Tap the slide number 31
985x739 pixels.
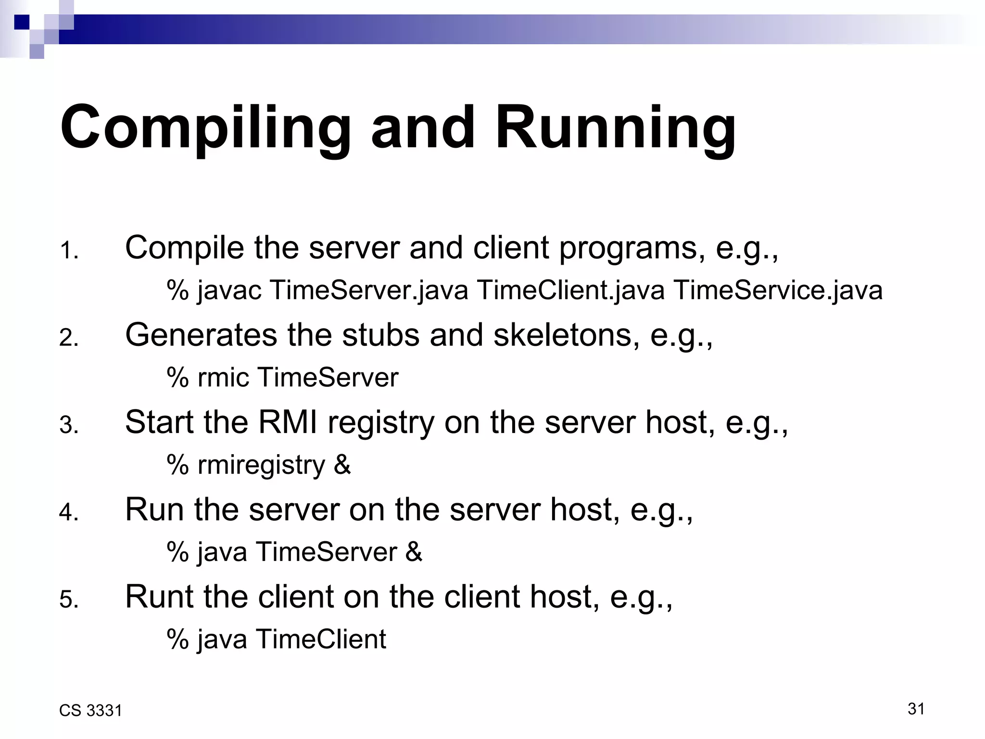tap(916, 709)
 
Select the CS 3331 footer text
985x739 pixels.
tap(90, 711)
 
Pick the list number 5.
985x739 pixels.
tap(69, 600)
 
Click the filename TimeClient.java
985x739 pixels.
tap(570, 291)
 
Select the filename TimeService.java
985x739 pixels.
tap(777, 291)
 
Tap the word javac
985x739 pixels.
tap(229, 291)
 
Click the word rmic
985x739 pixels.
tap(223, 377)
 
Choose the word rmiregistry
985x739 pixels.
tap(261, 465)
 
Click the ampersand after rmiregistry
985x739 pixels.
tap(342, 465)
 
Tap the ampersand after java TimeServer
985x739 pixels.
tap(414, 552)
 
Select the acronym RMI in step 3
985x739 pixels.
tap(288, 422)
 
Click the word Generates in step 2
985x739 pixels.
tap(201, 335)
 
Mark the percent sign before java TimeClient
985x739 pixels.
tap(177, 639)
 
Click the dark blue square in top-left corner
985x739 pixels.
tap(22, 22)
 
